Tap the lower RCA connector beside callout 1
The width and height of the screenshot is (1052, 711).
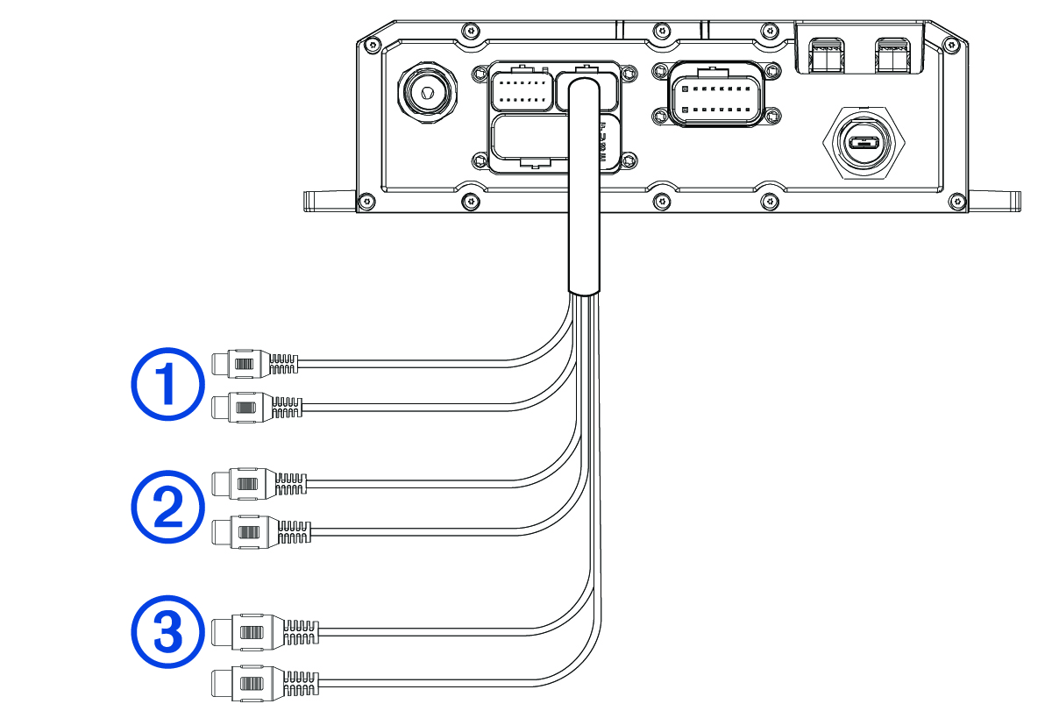[x=248, y=407]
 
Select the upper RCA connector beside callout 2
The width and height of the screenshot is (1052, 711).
[x=251, y=482]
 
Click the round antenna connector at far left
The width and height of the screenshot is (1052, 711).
[x=425, y=91]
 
